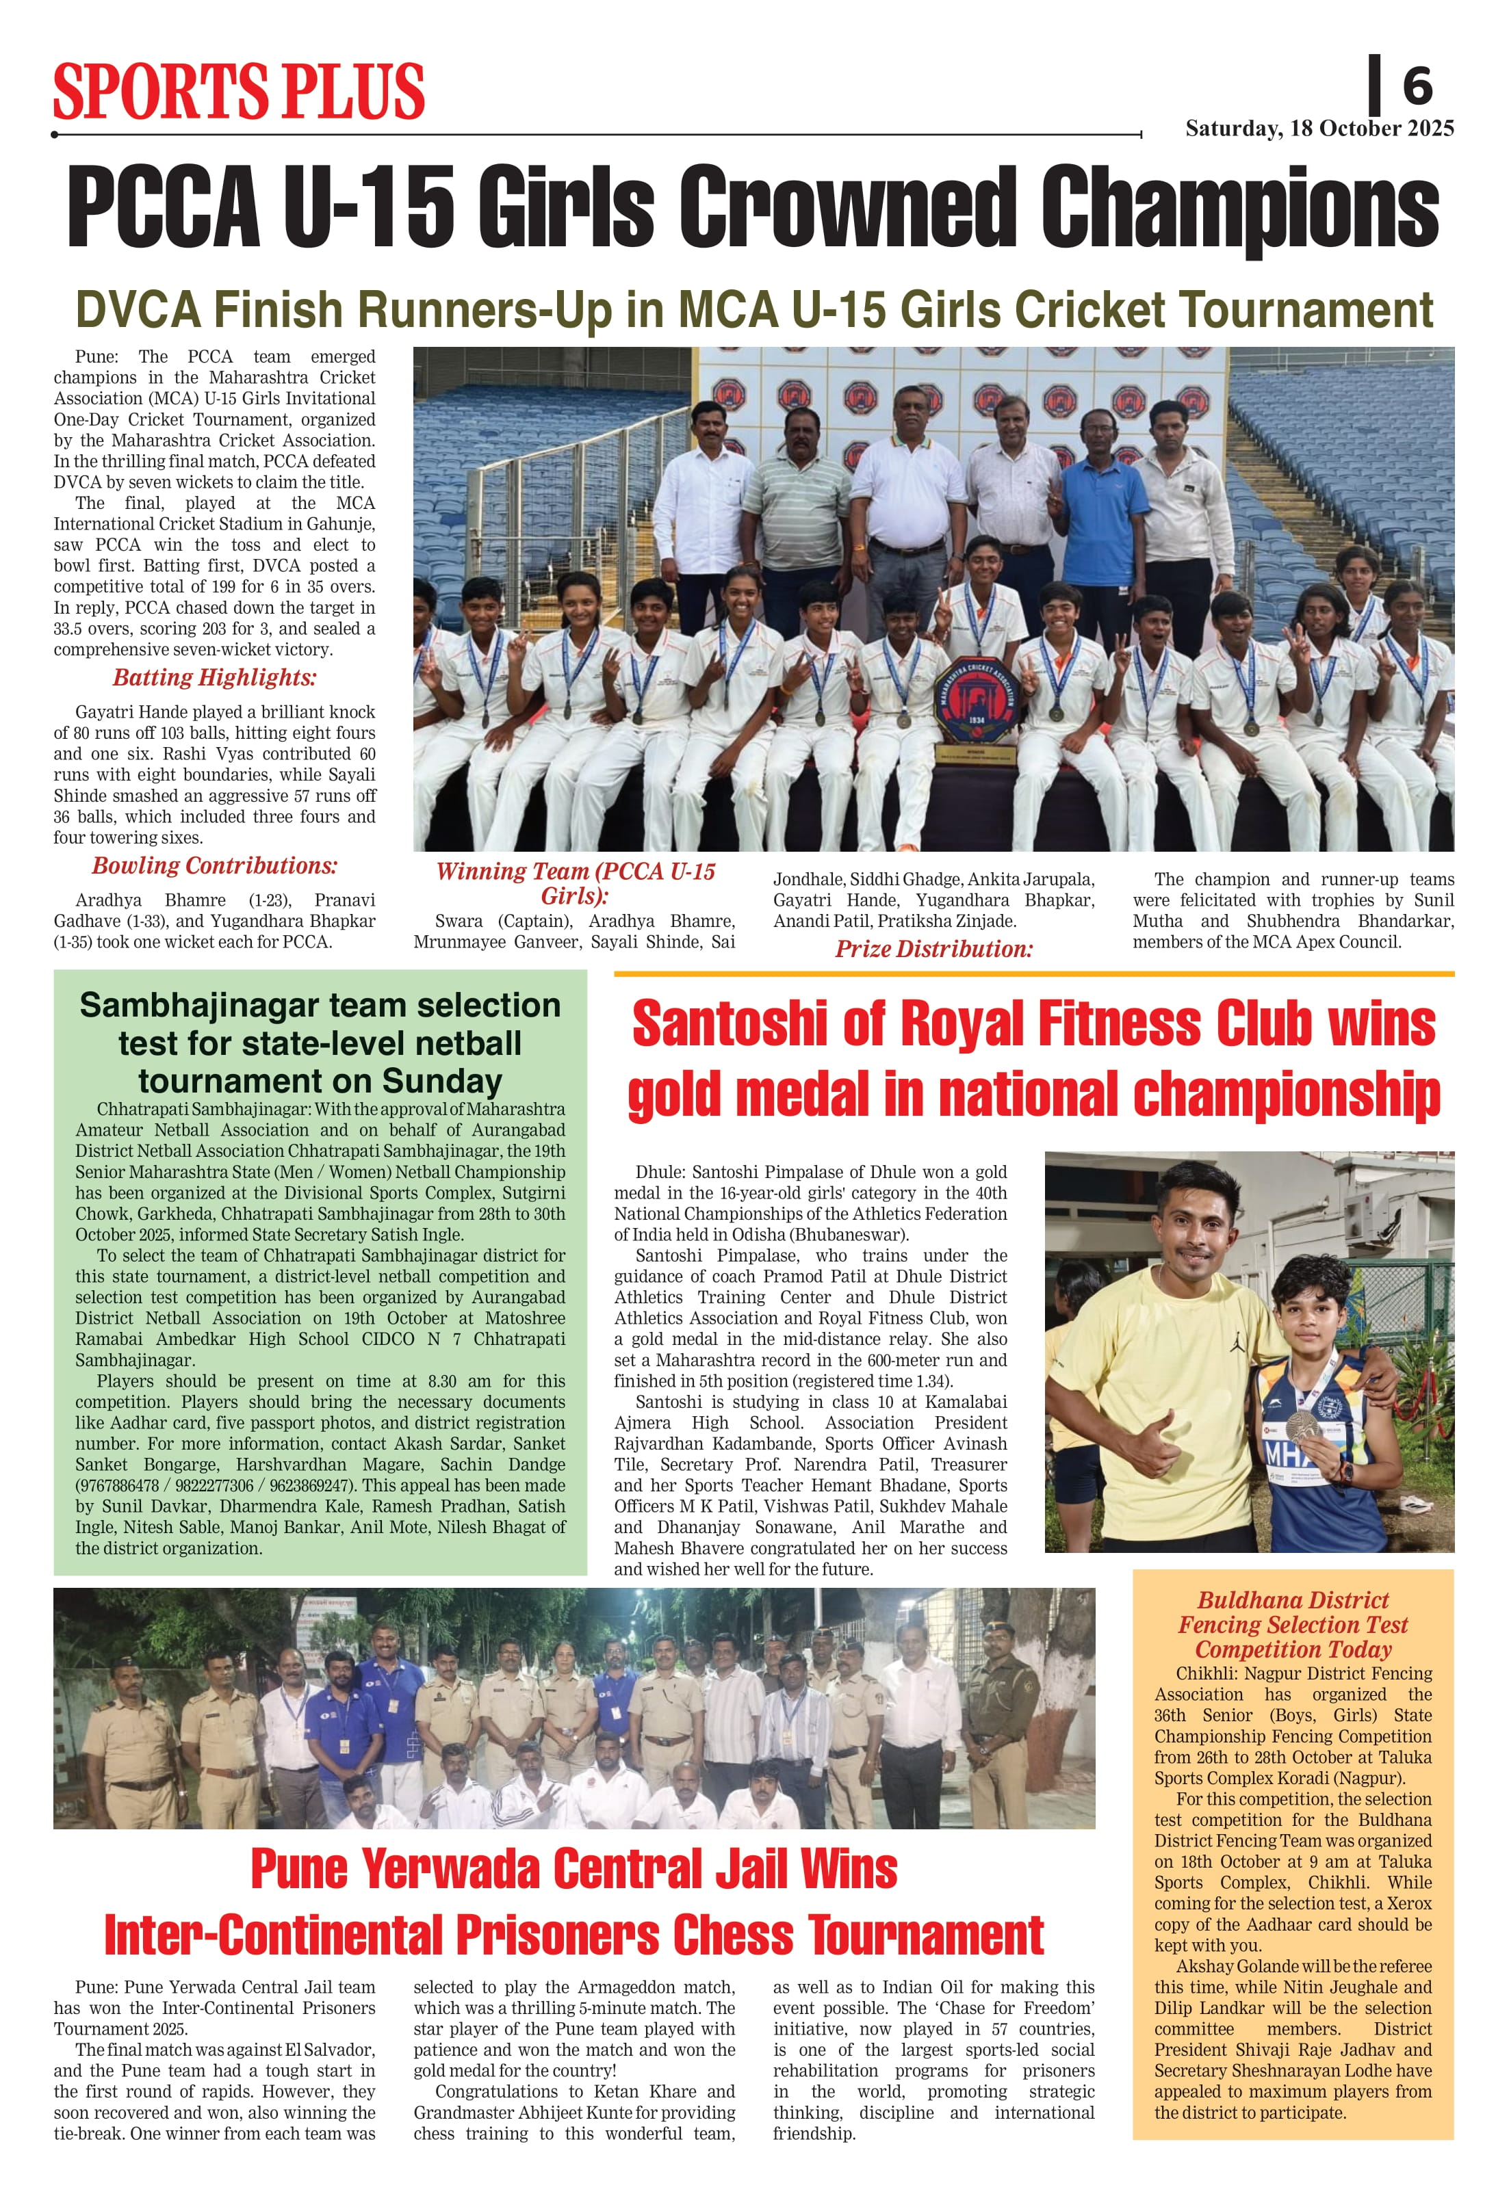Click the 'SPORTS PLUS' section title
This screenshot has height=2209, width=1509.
point(239,92)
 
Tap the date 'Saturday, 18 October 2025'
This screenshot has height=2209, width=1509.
point(1319,129)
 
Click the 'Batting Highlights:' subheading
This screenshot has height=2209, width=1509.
point(214,678)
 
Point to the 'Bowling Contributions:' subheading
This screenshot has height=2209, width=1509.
point(214,866)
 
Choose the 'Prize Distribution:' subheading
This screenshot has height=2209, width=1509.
point(933,949)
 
